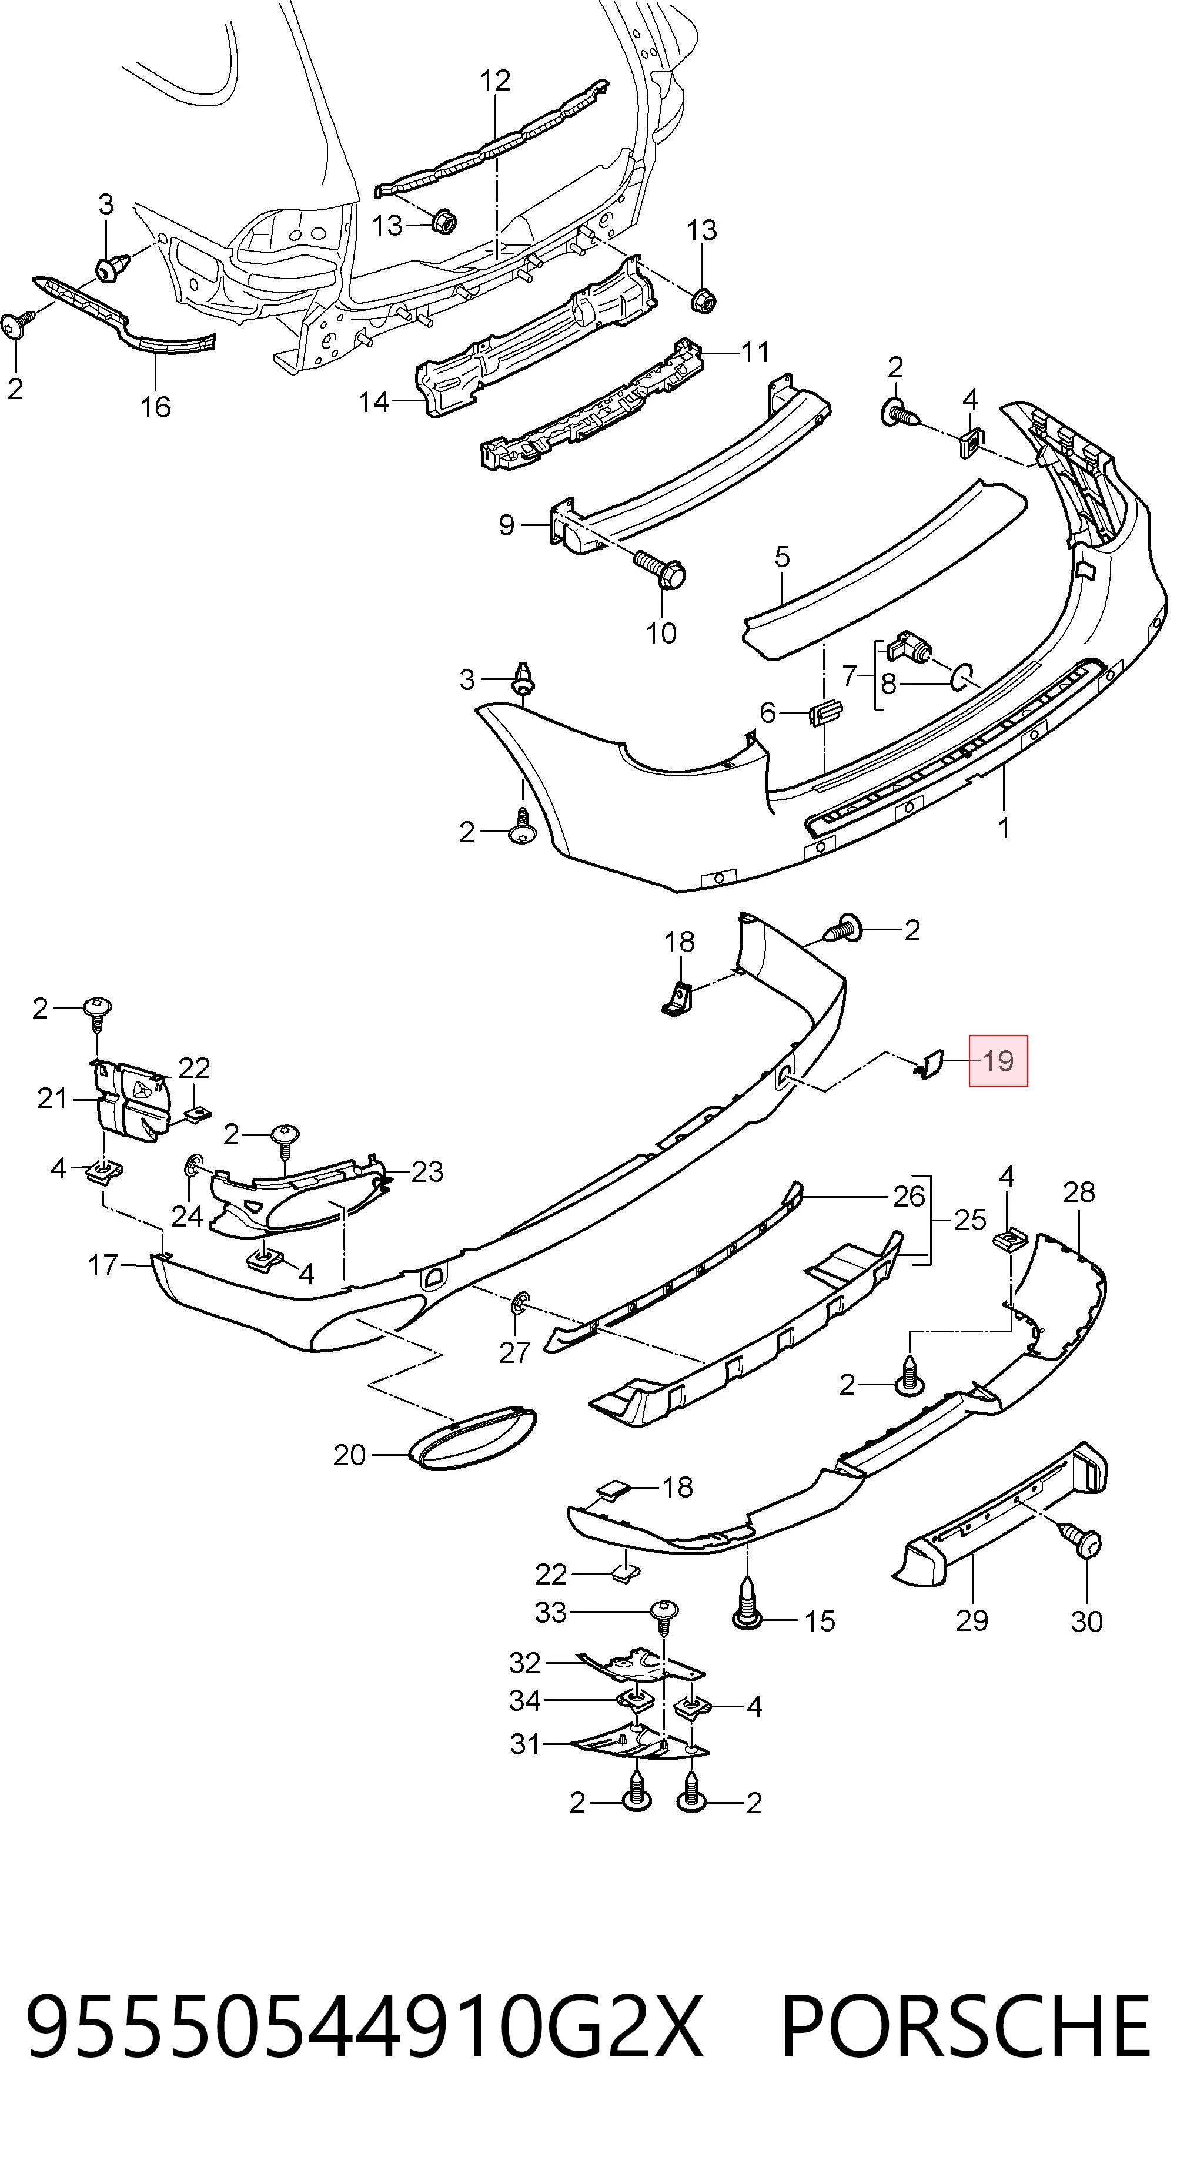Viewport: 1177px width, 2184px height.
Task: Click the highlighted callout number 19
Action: tap(998, 1061)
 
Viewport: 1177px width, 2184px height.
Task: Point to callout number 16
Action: tap(155, 407)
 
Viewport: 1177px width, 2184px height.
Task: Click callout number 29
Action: tap(972, 1620)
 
